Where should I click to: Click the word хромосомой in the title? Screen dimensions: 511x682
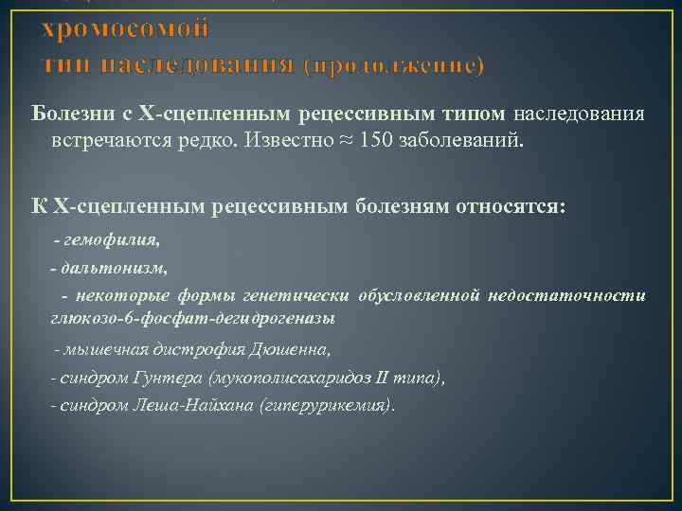click(123, 28)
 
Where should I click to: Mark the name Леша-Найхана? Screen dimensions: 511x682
click(199, 404)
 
